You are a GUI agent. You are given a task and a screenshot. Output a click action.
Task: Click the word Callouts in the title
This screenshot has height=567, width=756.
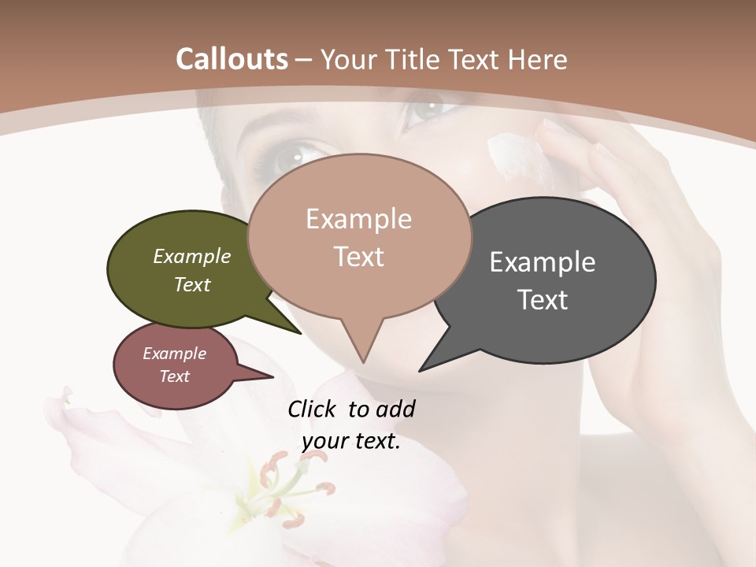coord(232,59)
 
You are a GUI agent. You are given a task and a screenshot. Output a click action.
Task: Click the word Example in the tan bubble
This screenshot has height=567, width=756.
coord(358,219)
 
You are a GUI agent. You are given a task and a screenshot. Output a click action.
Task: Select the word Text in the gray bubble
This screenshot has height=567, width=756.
coord(543,299)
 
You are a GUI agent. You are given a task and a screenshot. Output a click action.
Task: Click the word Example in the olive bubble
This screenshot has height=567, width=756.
coord(192,257)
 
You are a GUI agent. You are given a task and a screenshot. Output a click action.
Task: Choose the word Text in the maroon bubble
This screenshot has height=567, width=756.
coord(174,376)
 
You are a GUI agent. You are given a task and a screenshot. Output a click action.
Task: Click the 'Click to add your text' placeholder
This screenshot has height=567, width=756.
coord(351,425)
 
